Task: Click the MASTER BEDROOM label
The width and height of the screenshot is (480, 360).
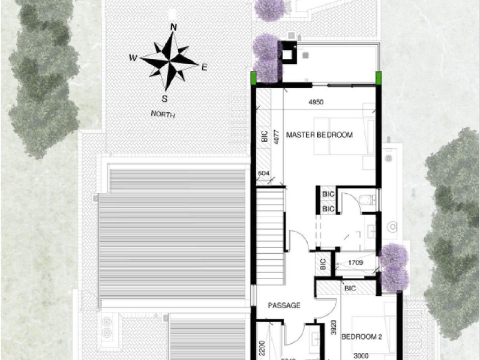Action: coord(319,134)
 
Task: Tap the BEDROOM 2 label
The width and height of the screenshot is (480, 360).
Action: coord(362,337)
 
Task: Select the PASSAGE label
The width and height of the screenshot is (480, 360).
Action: coord(284,305)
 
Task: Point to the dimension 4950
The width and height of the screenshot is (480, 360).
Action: coord(316,102)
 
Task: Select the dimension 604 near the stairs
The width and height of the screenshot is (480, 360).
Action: coord(263,174)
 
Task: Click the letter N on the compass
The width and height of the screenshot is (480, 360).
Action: coord(173,27)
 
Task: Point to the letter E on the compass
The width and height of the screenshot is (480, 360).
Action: coord(204,67)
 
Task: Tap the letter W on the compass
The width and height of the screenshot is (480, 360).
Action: coord(133,58)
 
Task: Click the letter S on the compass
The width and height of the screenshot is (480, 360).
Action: coord(164,99)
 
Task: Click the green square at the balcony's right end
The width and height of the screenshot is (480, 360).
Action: coord(379,77)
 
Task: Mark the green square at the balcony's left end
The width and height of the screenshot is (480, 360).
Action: coord(254,77)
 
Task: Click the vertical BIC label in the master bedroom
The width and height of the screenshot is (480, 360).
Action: coord(264,137)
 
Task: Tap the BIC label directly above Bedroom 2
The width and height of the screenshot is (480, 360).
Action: coord(350,289)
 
